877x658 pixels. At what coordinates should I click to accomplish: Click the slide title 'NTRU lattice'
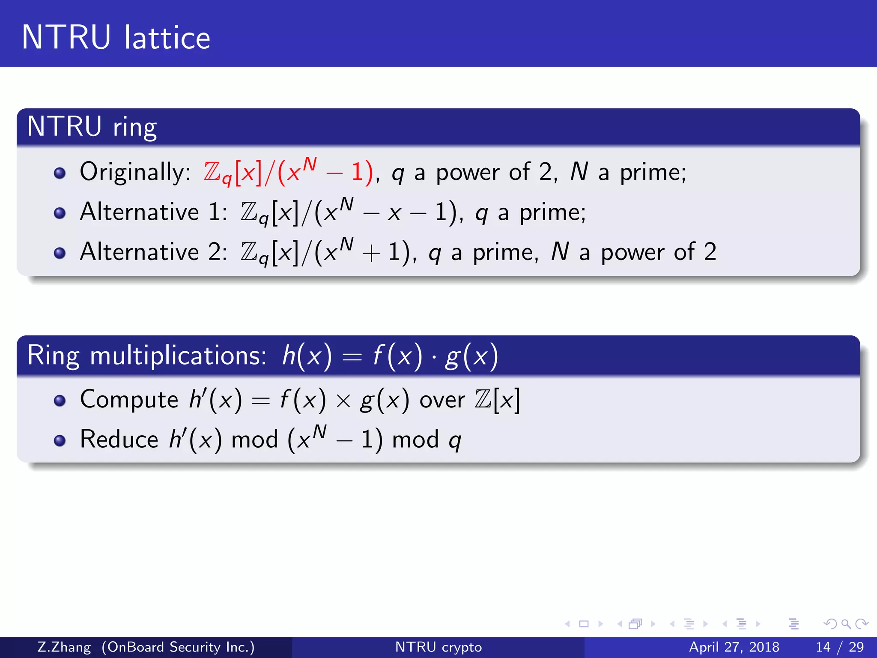(x=116, y=37)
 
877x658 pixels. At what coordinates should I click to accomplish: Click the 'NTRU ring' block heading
(x=92, y=127)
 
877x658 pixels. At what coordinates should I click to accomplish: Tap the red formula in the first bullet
(x=288, y=172)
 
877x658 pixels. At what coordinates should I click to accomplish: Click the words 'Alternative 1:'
(x=153, y=212)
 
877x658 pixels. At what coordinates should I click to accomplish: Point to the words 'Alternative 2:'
(x=153, y=252)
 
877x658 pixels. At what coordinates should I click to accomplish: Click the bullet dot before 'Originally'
(x=60, y=173)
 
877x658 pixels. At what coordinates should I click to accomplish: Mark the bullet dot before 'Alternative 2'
(x=60, y=253)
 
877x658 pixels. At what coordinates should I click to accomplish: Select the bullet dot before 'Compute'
(x=60, y=401)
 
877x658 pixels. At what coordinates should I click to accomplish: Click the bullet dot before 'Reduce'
(x=60, y=440)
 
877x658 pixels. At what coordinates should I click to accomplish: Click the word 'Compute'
(x=129, y=400)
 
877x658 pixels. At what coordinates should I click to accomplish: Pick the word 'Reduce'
(x=119, y=440)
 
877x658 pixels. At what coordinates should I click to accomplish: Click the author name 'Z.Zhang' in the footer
(x=64, y=647)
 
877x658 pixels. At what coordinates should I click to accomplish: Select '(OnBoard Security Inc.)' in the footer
(x=178, y=647)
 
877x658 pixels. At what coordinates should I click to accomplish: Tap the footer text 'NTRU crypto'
(x=438, y=647)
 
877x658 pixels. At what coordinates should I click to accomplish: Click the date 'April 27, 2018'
(x=734, y=647)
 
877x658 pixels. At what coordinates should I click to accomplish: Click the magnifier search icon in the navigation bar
(x=846, y=624)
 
